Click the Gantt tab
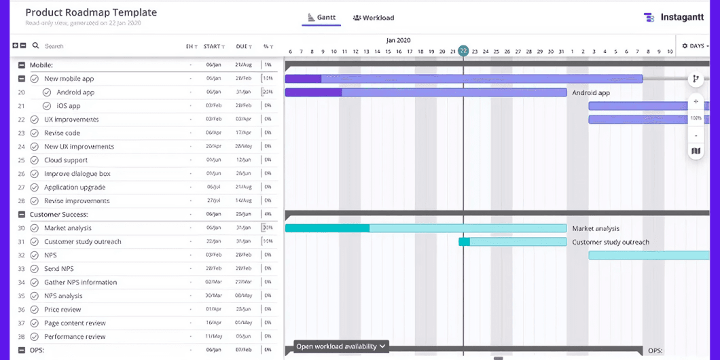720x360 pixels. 321,18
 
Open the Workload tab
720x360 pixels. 374,18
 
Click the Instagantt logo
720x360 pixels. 676,18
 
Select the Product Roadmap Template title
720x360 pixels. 91,12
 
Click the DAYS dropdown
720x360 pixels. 695,46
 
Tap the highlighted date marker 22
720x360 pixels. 463,51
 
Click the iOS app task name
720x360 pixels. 69,106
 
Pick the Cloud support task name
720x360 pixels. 66,160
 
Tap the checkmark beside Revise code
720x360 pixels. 35,133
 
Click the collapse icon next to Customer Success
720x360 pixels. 22,215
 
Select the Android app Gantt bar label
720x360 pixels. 590,92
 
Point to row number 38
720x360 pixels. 21,337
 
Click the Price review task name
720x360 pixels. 62,310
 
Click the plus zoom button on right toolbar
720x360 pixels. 696,102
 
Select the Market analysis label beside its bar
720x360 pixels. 596,228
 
